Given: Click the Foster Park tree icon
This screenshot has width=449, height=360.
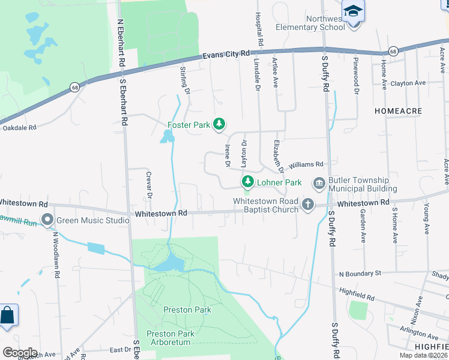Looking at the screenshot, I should (220, 124).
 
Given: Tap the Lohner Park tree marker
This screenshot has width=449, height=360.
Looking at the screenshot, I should (247, 181).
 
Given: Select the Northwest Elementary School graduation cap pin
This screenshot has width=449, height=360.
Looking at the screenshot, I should (353, 11).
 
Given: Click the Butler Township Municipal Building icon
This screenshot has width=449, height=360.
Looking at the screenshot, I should (319, 182).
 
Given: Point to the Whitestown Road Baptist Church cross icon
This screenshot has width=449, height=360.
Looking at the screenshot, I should (308, 205).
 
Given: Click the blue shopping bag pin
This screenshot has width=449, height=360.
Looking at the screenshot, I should (8, 316).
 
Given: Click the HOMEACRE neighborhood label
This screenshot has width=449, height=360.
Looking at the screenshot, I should (398, 111).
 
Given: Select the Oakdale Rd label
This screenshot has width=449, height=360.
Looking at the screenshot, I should (19, 128).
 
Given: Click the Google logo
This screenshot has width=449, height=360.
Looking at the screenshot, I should (20, 353).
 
